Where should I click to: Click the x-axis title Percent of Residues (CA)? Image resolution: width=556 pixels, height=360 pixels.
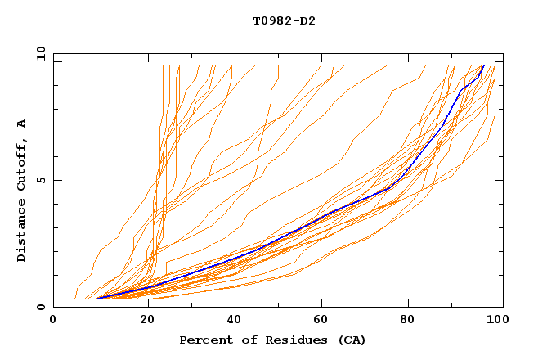click(x=272, y=340)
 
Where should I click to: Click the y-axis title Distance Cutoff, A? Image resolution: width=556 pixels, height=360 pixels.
click(x=21, y=190)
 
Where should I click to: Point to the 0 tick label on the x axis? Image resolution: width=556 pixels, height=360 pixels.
click(x=53, y=322)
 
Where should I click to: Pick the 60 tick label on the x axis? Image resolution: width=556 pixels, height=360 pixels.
click(x=321, y=322)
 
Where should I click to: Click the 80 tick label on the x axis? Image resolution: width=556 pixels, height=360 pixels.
click(x=410, y=322)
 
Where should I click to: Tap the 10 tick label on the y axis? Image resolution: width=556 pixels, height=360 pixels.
click(x=38, y=53)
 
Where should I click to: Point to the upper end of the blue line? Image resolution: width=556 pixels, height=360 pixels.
click(x=483, y=66)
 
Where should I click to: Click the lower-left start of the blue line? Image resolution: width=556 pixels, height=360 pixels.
click(x=96, y=298)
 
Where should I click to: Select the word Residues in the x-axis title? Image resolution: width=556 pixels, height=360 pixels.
click(x=293, y=340)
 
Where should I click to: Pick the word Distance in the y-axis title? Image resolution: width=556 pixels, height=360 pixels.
click(x=21, y=227)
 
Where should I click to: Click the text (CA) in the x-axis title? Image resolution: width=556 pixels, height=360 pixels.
click(x=352, y=340)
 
